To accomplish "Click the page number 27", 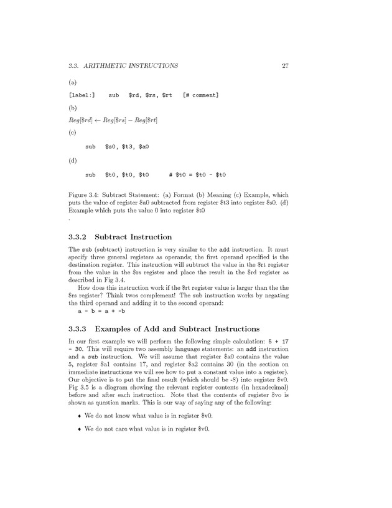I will click(x=285, y=65).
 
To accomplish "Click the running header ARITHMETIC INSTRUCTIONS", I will click(x=133, y=65).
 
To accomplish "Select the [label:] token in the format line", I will click(x=82, y=95).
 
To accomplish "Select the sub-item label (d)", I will click(x=72, y=160).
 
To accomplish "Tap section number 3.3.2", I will click(x=78, y=237).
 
